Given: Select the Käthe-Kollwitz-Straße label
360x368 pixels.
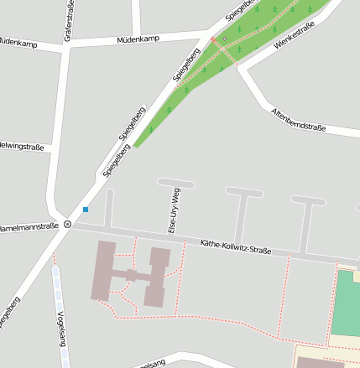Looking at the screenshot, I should pyautogui.click(x=236, y=247).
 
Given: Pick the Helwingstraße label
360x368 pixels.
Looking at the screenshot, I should pyautogui.click(x=22, y=148).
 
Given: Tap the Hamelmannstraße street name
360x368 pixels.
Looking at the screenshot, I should pyautogui.click(x=29, y=226).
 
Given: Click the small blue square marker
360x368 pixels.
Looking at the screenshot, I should pyautogui.click(x=86, y=209).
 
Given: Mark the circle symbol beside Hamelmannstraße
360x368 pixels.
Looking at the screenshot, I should pyautogui.click(x=67, y=225).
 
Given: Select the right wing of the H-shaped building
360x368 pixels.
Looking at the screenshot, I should pyautogui.click(x=158, y=276).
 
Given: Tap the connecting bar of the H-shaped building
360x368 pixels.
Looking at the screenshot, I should pyautogui.click(x=131, y=274).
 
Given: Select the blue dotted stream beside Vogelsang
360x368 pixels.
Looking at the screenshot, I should pyautogui.click(x=58, y=293).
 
